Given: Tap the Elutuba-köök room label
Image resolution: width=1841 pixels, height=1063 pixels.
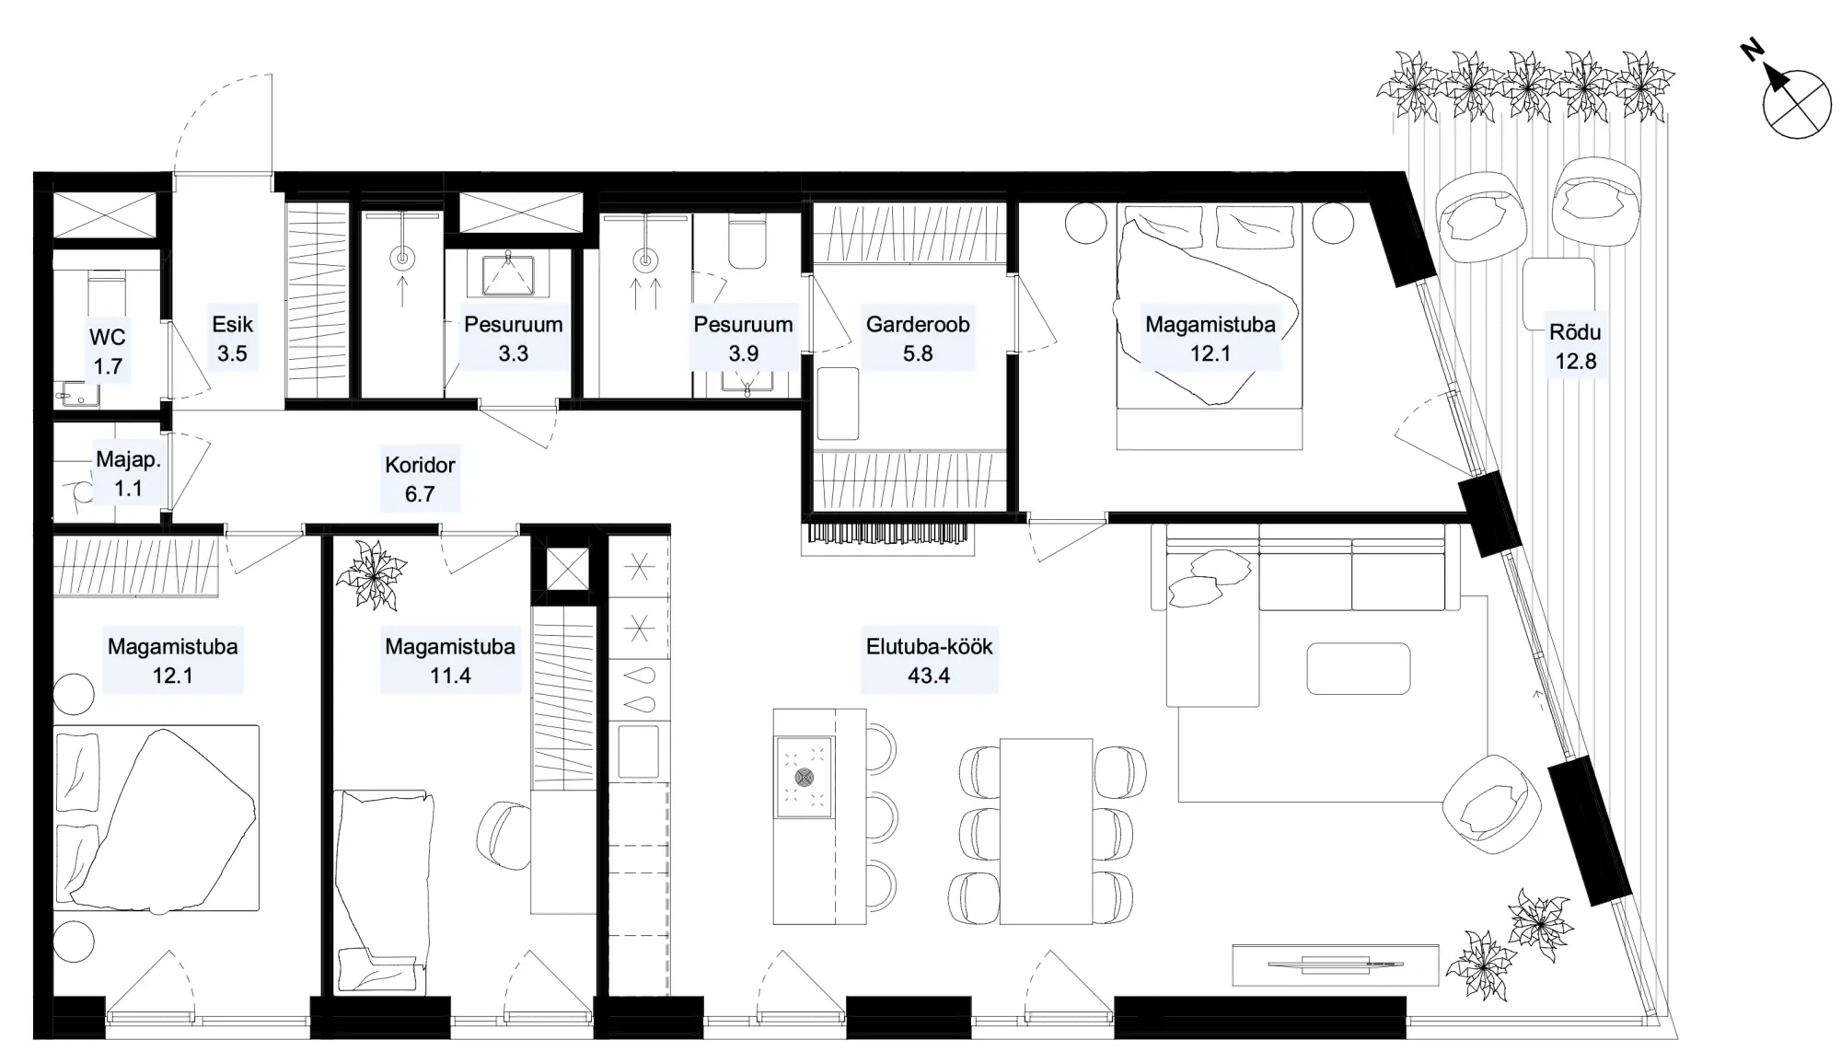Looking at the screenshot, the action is pyautogui.click(x=929, y=661).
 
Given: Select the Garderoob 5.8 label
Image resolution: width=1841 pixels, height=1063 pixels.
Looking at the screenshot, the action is pyautogui.click(x=918, y=339).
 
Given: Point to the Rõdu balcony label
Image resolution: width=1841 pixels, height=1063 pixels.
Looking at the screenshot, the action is pyautogui.click(x=1575, y=347).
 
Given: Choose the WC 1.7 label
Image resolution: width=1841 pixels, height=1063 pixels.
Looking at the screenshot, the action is pyautogui.click(x=108, y=352).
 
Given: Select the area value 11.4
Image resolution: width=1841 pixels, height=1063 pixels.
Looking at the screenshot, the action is pyautogui.click(x=450, y=676).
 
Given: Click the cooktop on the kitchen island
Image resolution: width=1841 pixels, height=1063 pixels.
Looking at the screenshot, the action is pyautogui.click(x=805, y=777).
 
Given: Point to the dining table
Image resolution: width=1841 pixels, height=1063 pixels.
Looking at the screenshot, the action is pyautogui.click(x=1047, y=830).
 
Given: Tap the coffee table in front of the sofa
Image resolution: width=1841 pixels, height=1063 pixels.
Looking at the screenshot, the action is pyautogui.click(x=1359, y=668).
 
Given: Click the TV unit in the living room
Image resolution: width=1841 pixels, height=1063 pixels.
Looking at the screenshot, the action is pyautogui.click(x=1336, y=965).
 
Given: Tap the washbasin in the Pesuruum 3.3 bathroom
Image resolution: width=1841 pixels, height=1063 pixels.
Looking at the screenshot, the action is pyautogui.click(x=507, y=273).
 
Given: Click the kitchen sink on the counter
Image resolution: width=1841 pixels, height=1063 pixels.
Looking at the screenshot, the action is pyautogui.click(x=639, y=751).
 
